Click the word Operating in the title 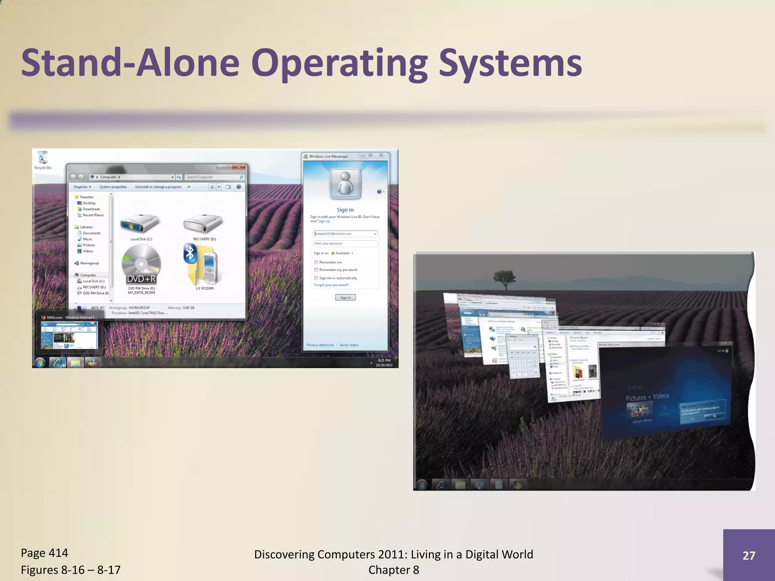point(339,64)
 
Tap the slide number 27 point(749,555)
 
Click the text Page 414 point(44,553)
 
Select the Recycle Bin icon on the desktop point(43,158)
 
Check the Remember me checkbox point(316,262)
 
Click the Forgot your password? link point(331,285)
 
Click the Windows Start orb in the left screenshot point(40,362)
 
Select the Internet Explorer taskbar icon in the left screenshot point(58,362)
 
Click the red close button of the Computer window point(239,167)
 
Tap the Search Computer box point(212,177)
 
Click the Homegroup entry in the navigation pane point(89,263)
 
